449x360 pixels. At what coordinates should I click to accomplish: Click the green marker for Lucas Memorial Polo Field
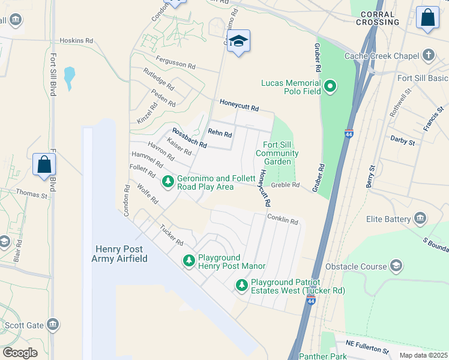(x=330, y=88)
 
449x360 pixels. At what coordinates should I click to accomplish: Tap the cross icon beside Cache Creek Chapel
(x=428, y=56)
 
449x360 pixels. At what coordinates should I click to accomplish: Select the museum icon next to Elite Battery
(x=420, y=218)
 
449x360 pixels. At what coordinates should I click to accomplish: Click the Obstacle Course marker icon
(x=396, y=265)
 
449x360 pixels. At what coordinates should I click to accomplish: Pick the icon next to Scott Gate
(x=53, y=325)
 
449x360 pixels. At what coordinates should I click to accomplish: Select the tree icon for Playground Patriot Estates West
(x=241, y=285)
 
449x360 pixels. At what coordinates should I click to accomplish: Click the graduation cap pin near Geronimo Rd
(x=239, y=41)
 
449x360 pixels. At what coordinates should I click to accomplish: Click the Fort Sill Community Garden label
(x=277, y=153)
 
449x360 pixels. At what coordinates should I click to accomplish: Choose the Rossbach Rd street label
(x=189, y=139)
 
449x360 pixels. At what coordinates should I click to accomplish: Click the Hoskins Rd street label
(x=76, y=41)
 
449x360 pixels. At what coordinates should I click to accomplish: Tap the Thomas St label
(x=32, y=193)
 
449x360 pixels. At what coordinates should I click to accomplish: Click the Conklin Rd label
(x=282, y=220)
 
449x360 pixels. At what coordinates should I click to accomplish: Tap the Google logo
(x=20, y=353)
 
